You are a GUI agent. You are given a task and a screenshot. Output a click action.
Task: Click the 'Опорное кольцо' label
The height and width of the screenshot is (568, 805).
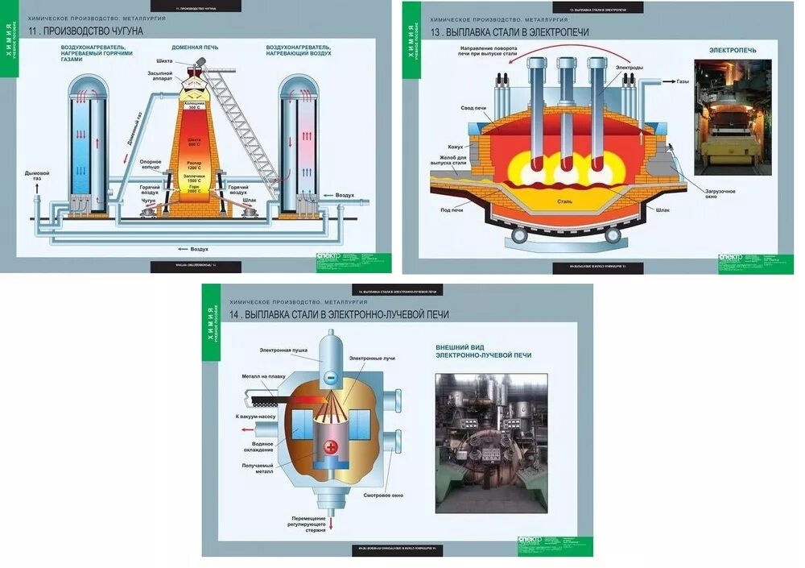(x=151, y=165)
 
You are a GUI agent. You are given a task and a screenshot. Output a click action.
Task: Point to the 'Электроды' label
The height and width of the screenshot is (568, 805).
(x=629, y=68)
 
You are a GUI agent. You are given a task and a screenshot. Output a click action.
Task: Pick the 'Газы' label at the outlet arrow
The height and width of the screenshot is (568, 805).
(x=682, y=81)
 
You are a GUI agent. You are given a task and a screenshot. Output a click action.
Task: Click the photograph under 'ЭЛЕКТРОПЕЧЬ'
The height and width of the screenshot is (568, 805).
(x=732, y=117)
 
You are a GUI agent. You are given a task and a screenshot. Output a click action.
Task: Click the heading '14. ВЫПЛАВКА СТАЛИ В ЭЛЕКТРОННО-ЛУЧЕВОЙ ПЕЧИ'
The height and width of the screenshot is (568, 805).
(x=339, y=314)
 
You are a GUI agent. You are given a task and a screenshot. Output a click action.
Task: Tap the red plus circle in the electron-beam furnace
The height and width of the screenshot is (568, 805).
(x=329, y=447)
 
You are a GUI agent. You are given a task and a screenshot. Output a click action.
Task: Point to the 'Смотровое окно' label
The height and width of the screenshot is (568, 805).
(x=382, y=494)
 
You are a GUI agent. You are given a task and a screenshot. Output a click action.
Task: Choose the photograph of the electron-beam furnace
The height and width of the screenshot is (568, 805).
(x=491, y=442)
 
